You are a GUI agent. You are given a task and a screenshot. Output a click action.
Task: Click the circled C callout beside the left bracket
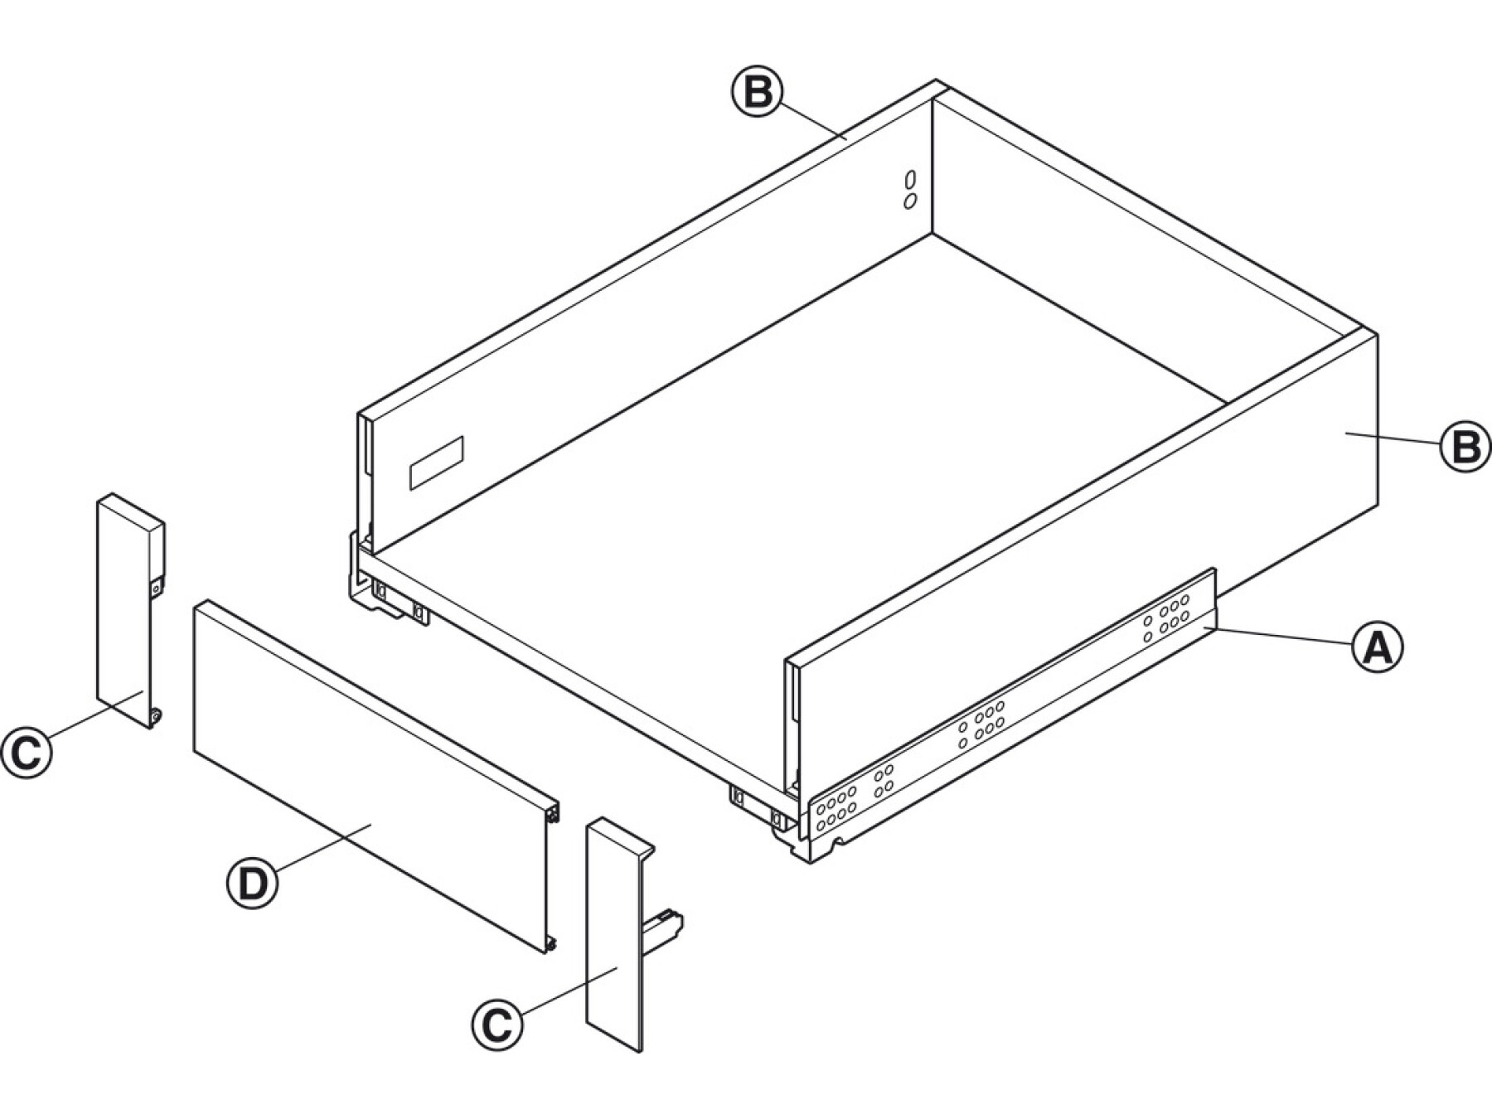[x=27, y=751]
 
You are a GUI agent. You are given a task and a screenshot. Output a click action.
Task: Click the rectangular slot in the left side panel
[x=437, y=461]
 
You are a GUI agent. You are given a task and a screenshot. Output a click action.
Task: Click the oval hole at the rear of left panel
[x=911, y=180]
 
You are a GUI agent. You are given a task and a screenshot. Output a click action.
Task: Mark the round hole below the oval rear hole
[x=910, y=201]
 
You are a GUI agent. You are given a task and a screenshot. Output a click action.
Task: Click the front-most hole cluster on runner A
[x=836, y=808]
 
